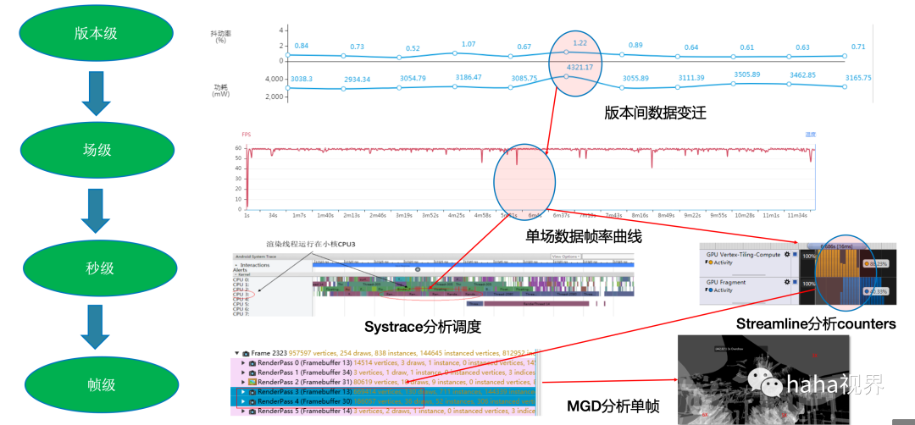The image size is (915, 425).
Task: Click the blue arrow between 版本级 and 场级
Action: pyautogui.click(x=96, y=91)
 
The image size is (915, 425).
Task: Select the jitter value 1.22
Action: pyautogui.click(x=580, y=42)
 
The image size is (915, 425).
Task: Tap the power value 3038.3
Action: pyautogui.click(x=302, y=78)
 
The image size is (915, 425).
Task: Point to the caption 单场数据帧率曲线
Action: pyautogui.click(x=584, y=237)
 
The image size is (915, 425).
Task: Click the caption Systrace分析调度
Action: pyautogui.click(x=422, y=326)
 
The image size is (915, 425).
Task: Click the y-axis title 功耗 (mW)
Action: pyautogui.click(x=220, y=90)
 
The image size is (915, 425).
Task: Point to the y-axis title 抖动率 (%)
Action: pyautogui.click(x=220, y=36)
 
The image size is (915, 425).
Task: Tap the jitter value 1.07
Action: pyautogui.click(x=469, y=44)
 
